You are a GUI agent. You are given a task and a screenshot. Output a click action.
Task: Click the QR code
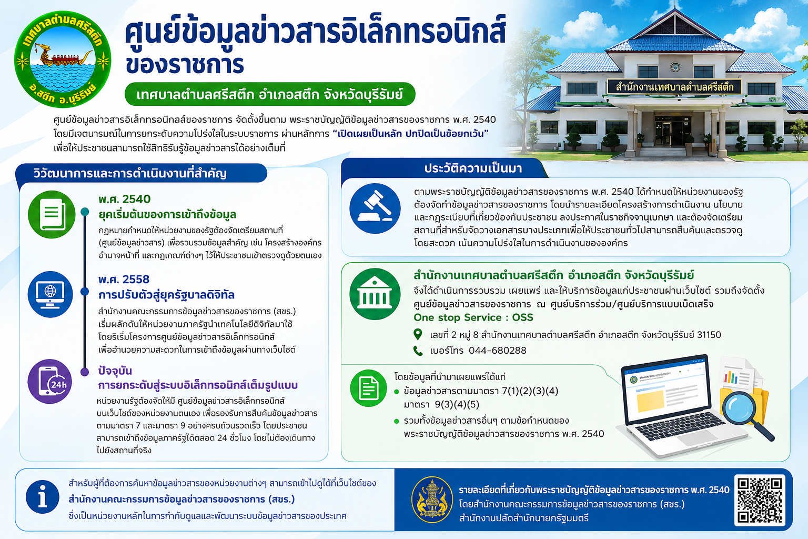pyautogui.click(x=759, y=500)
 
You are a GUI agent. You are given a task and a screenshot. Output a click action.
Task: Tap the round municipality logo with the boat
pyautogui.click(x=63, y=59)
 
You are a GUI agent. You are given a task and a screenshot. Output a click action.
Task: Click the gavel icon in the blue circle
pyautogui.click(x=375, y=208)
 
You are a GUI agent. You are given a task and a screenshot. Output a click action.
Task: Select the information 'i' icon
pyautogui.click(x=43, y=497)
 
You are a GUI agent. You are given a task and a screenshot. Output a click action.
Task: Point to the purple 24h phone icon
pyautogui.click(x=50, y=381)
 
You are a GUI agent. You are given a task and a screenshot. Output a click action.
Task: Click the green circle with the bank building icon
pyautogui.click(x=375, y=294)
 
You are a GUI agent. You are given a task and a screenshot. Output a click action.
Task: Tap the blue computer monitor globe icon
pyautogui.click(x=50, y=294)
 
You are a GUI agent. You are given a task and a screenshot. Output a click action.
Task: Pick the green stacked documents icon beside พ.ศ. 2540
pyautogui.click(x=52, y=214)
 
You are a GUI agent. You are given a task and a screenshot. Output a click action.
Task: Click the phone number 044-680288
pyautogui.click(x=498, y=351)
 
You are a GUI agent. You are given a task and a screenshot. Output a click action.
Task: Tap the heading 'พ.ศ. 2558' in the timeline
pyautogui.click(x=124, y=280)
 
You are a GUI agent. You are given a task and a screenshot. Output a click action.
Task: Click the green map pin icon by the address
pyautogui.click(x=418, y=334)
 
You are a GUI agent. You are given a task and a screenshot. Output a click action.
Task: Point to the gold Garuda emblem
pyautogui.click(x=432, y=500)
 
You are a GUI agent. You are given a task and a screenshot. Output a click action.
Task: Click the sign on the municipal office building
pyautogui.click(x=674, y=87)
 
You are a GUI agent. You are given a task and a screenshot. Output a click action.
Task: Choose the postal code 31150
pyautogui.click(x=709, y=335)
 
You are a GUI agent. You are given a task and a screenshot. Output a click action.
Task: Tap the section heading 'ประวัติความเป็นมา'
pyautogui.click(x=473, y=168)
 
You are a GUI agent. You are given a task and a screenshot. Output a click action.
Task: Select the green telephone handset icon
pyautogui.click(x=418, y=351)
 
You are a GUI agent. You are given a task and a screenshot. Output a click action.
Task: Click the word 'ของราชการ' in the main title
pyautogui.click(x=185, y=64)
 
